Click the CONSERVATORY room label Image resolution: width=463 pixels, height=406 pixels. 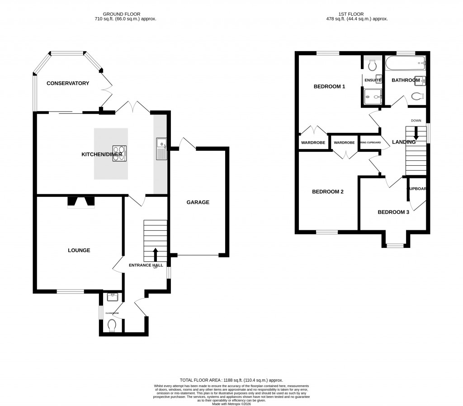[x=67, y=83]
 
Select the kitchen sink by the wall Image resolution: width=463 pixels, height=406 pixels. [x=161, y=149]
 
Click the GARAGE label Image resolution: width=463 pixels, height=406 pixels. [x=198, y=202]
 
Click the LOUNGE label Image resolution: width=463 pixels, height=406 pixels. [x=79, y=250]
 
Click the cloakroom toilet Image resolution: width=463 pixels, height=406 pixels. [x=113, y=325]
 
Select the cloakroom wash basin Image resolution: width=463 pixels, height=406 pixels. [x=112, y=297]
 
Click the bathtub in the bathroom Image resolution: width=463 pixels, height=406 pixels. [x=405, y=64]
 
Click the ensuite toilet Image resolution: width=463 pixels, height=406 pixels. [x=373, y=66]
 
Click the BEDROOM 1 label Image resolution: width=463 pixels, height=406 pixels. [x=330, y=86]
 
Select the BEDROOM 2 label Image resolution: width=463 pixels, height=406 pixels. [x=328, y=191]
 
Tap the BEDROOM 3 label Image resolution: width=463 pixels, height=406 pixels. [x=393, y=212]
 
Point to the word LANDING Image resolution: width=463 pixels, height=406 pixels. [x=404, y=142]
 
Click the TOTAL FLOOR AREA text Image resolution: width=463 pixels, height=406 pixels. [x=231, y=381]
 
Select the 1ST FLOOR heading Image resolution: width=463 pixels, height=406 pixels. [x=357, y=14]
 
